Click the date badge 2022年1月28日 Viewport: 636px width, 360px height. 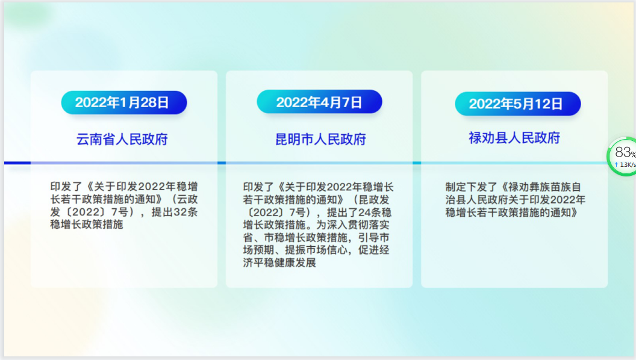[123, 102]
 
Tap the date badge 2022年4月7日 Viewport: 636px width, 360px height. [319, 102]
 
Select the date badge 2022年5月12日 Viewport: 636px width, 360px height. [517, 104]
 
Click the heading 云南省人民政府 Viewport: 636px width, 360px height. [122, 140]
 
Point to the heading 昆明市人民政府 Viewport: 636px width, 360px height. [320, 140]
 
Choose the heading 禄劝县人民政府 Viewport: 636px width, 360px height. [514, 138]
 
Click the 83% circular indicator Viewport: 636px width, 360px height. [622, 157]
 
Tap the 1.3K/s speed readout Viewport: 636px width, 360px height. [625, 164]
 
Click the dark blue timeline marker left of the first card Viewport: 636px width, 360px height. [17, 163]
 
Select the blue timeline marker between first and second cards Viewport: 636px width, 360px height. [222, 163]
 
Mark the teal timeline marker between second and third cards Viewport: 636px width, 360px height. [417, 163]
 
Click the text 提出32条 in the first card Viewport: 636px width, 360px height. [175, 212]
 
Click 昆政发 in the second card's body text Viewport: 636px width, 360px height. [373, 199]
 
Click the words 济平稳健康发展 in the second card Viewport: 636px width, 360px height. [279, 262]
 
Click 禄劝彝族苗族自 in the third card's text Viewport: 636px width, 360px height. [544, 187]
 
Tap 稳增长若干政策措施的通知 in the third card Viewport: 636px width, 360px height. [508, 213]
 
